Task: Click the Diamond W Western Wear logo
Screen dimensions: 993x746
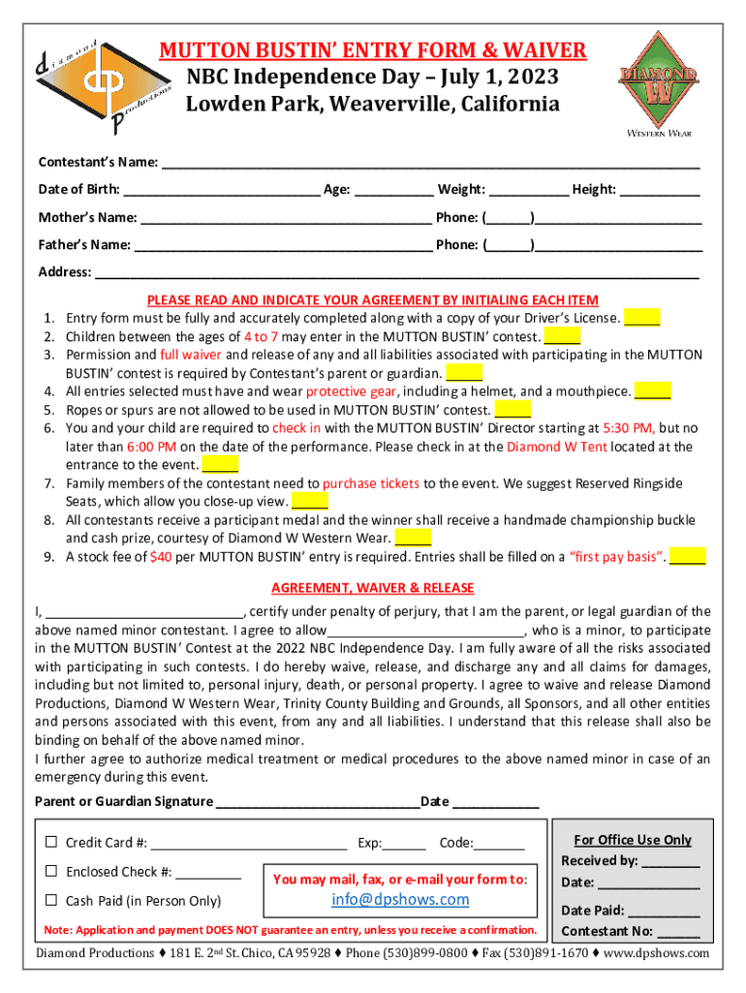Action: tap(657, 80)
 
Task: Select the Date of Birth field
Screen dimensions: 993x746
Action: tap(222, 189)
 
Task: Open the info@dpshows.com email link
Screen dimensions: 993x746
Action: tap(400, 899)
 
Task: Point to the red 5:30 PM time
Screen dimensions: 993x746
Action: tap(628, 427)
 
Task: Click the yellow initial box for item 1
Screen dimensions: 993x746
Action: tap(642, 317)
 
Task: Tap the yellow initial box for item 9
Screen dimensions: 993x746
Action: tap(687, 556)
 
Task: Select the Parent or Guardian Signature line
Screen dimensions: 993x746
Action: tap(317, 801)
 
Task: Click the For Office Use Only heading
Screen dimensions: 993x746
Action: tap(633, 840)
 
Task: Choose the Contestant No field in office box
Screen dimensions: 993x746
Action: tap(683, 932)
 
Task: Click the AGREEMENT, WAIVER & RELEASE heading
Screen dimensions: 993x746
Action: tap(372, 588)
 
